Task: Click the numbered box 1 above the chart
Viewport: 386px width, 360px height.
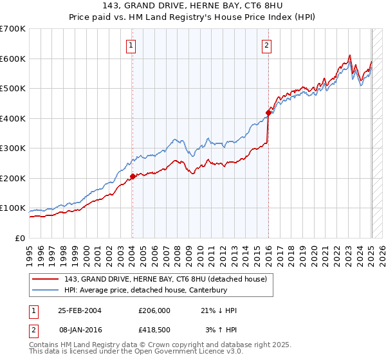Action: click(131, 45)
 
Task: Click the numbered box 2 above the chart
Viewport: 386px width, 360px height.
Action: click(266, 45)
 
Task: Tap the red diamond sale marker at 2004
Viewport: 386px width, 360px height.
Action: click(133, 176)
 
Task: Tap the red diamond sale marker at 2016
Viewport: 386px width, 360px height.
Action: click(268, 113)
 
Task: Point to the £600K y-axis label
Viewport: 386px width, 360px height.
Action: click(13, 59)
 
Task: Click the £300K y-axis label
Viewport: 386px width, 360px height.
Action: click(13, 148)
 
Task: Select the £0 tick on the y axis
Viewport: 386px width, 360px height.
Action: click(21, 238)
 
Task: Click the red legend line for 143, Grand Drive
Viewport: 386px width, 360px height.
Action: click(46, 278)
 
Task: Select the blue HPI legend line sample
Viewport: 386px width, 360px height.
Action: click(46, 290)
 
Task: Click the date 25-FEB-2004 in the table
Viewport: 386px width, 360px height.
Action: click(79, 310)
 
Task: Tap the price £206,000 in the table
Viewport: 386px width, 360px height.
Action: click(154, 310)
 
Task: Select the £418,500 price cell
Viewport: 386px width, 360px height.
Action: click(154, 330)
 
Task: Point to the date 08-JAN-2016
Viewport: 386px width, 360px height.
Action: click(79, 330)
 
